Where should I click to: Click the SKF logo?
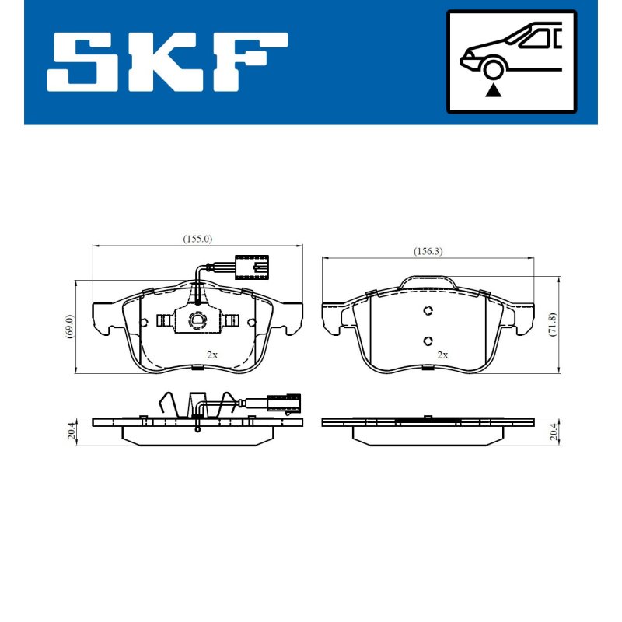167,62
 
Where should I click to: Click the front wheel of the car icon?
492,68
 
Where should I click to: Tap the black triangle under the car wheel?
493,90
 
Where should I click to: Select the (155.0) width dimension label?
197,239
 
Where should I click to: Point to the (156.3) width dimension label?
428,251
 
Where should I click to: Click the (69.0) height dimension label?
70,326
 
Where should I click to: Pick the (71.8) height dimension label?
553,324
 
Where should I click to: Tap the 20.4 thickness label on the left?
71,432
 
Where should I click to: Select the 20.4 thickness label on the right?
554,432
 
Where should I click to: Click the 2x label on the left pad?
212,355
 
